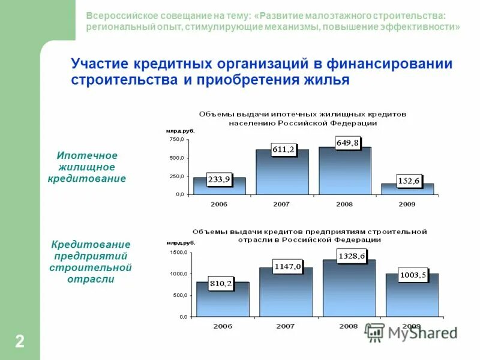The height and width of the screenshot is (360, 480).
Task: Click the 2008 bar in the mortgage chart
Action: coord(344,174)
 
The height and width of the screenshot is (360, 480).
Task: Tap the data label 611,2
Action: coord(283,150)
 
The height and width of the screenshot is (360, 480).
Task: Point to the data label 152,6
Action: coord(409,181)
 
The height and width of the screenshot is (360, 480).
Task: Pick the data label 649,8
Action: coord(347,143)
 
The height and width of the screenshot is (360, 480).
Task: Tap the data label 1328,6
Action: coord(352,256)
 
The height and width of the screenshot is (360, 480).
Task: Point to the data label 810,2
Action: coord(221,283)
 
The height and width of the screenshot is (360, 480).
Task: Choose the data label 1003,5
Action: coord(413,275)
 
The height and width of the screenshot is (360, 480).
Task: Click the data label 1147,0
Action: coord(287,266)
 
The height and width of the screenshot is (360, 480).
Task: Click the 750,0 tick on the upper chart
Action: coord(176,140)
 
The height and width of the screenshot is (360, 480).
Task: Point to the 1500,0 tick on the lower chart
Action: coord(179,253)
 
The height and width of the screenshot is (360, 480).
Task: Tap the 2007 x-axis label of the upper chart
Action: coord(281,204)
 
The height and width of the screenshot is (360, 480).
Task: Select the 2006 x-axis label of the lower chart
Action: coord(222,326)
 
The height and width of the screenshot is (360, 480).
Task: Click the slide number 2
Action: coord(20,342)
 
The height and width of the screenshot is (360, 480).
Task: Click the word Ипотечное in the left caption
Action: coord(87,156)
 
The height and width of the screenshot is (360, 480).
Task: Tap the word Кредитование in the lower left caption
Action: coord(91,245)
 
